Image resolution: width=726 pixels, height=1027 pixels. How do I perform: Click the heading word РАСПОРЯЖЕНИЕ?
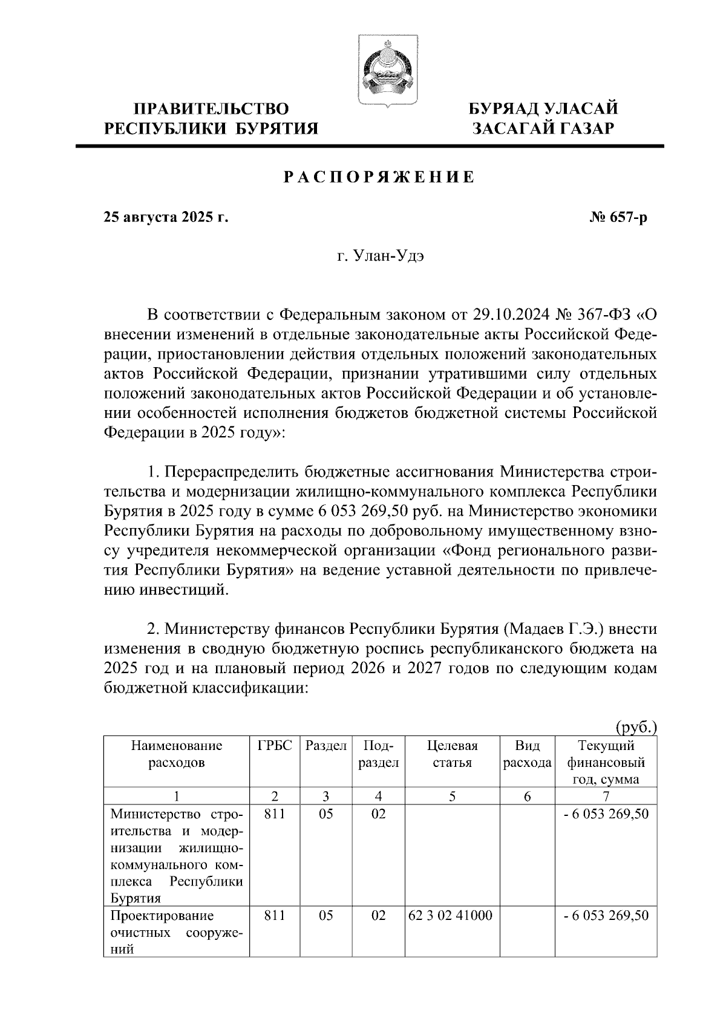tap(379, 177)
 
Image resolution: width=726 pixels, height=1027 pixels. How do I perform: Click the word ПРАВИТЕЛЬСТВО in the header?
tap(211, 109)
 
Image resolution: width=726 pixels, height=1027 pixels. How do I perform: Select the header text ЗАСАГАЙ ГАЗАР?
tap(544, 129)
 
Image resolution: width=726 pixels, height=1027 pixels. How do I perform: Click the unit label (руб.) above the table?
tap(636, 727)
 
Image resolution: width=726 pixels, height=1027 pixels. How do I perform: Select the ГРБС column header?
tap(275, 746)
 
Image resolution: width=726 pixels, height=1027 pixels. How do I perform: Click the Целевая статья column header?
tap(452, 754)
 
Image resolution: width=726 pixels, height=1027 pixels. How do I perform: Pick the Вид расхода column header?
tap(527, 754)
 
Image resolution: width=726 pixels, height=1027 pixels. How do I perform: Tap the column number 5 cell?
tap(452, 797)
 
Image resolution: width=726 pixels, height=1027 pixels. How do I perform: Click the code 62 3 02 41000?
tap(450, 916)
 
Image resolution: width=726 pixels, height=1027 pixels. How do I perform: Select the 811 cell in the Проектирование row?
tap(275, 916)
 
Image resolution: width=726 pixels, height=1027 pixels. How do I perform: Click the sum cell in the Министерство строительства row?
tap(606, 814)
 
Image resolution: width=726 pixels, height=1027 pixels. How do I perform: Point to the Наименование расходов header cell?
tap(177, 754)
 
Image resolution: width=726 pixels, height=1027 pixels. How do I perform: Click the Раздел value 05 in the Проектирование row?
tap(326, 916)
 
